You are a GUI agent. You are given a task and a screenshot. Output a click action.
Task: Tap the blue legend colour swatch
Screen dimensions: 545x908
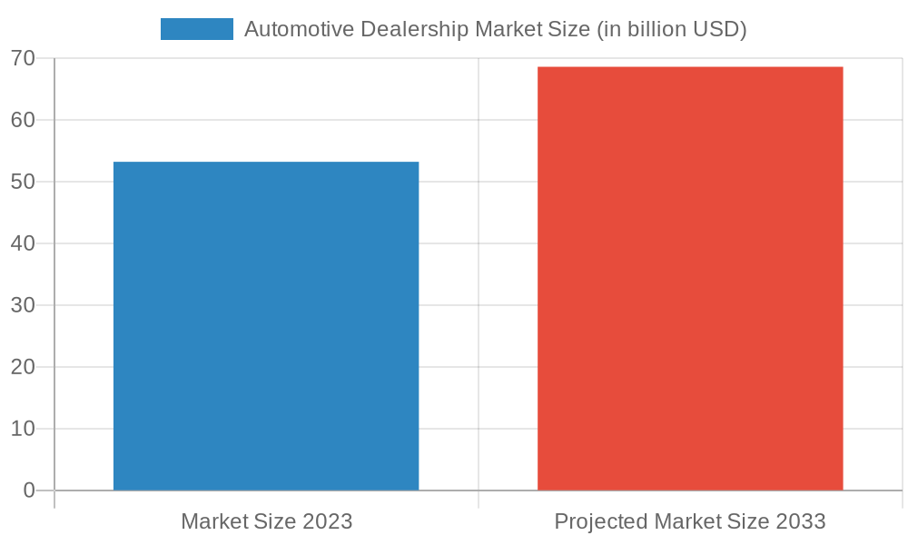click(x=196, y=29)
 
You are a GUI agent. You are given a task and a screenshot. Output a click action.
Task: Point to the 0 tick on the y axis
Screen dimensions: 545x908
click(x=29, y=490)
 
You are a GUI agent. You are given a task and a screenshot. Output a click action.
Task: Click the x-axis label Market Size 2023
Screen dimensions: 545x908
click(x=266, y=521)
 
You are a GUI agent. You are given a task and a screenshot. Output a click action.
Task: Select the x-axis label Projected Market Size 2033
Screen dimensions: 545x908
click(x=690, y=521)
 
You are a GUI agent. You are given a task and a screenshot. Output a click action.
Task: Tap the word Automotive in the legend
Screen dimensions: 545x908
click(x=299, y=29)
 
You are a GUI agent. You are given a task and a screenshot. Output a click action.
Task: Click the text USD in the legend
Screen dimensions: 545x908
click(x=719, y=29)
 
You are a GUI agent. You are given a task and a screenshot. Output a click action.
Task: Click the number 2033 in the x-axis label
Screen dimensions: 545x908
click(x=801, y=521)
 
